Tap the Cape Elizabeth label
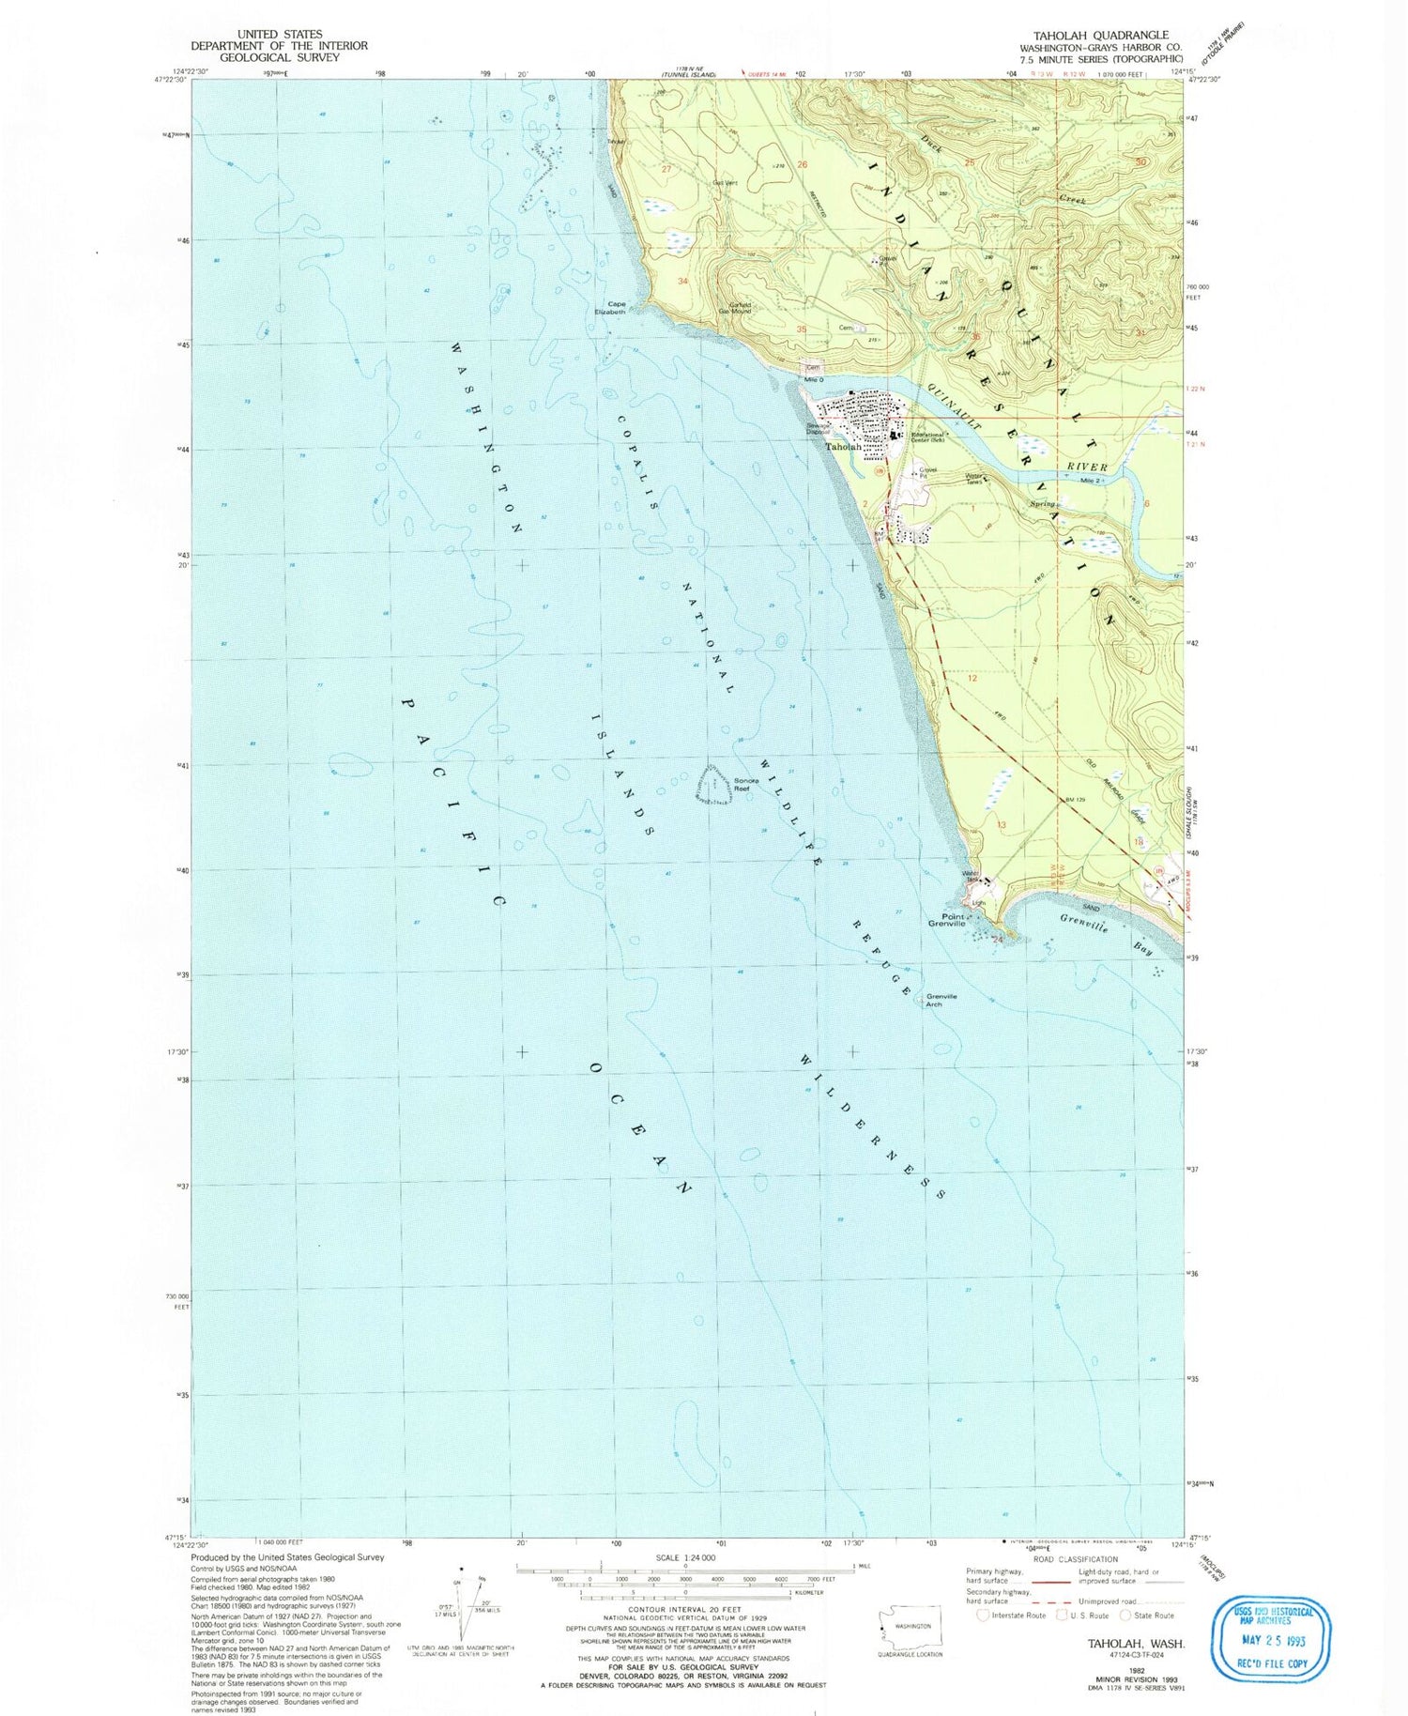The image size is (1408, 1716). (616, 307)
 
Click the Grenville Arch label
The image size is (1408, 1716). (941, 1000)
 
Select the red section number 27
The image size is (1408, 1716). (666, 170)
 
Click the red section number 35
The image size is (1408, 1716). (801, 329)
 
